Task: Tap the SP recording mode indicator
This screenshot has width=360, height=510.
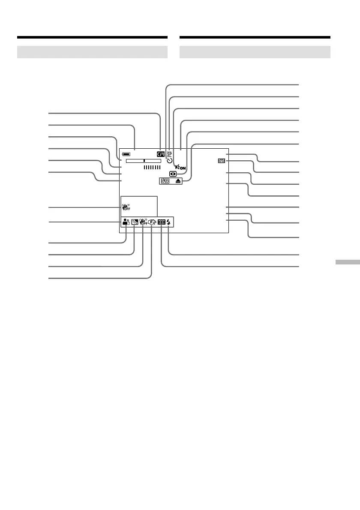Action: coord(169,153)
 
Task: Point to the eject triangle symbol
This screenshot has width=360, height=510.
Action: coord(178,181)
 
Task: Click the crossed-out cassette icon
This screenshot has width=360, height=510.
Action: coord(165,181)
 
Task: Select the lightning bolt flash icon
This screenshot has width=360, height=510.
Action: coord(169,222)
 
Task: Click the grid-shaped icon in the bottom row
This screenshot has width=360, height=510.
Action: coord(161,222)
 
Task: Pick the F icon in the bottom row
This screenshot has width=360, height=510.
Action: coord(152,222)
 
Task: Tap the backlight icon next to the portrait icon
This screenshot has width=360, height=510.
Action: coord(135,222)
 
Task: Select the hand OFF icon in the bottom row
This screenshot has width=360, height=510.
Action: coord(143,222)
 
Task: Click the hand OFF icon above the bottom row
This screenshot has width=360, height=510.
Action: coord(126,208)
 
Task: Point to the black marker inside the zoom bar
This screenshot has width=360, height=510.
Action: coord(144,160)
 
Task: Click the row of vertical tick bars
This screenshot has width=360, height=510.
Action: coord(152,168)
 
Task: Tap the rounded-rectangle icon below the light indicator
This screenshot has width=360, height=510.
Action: coord(172,174)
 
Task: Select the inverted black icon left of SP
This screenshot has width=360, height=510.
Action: coord(161,153)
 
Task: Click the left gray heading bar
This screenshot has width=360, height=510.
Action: coord(92,52)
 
